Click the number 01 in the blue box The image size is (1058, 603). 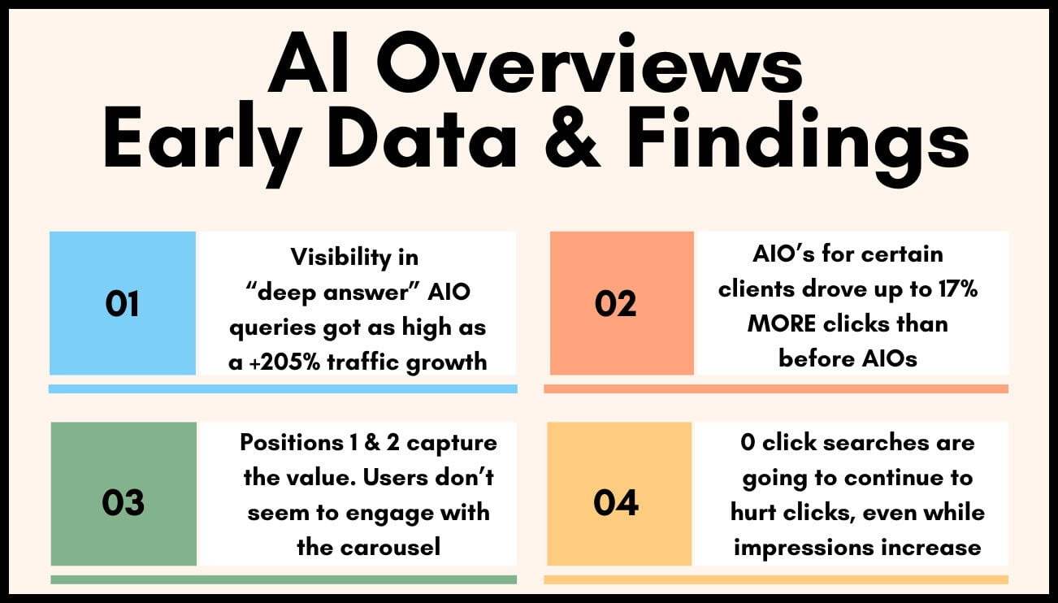(123, 303)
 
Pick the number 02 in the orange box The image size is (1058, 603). (617, 303)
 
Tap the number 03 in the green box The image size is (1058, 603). (123, 502)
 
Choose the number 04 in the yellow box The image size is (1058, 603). (616, 502)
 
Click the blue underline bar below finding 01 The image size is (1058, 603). (283, 388)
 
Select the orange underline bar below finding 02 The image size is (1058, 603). (775, 388)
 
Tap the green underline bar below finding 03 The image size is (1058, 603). (283, 579)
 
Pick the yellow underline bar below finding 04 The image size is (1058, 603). (775, 579)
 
